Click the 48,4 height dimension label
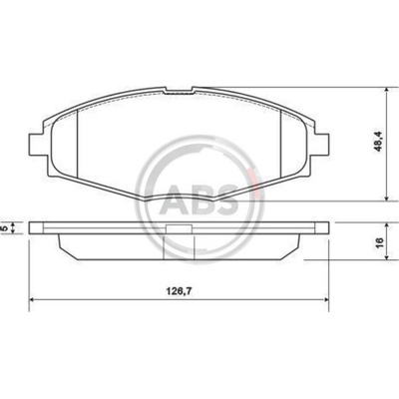click(x=378, y=141)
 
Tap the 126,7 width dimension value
click(x=180, y=291)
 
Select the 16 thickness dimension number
click(x=379, y=241)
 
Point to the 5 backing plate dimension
click(x=5, y=228)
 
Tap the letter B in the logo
click(x=200, y=200)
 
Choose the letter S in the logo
click(x=226, y=200)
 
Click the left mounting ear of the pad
click(x=36, y=144)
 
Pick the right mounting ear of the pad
click(x=321, y=144)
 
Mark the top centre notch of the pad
click(x=179, y=91)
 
